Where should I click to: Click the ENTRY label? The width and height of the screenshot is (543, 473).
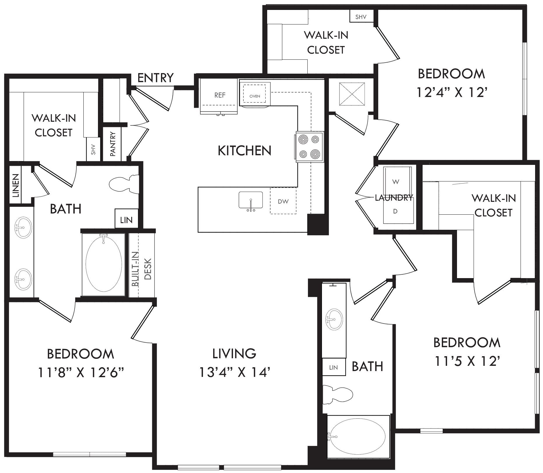155,78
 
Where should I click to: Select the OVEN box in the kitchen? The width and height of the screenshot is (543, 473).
255,93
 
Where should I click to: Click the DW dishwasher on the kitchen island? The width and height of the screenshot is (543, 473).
283,201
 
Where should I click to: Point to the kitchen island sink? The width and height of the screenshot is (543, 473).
251,201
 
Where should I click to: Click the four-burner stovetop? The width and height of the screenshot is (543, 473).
310,147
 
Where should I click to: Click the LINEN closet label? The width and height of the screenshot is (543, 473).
16,185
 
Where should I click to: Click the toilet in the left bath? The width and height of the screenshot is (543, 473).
124,184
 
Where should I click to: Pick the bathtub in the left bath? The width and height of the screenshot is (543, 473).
104,264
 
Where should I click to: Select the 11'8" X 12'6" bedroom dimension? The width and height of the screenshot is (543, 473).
81,372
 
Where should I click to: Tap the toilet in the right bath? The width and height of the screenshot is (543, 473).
338,395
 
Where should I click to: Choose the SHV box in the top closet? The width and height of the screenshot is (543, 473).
361,17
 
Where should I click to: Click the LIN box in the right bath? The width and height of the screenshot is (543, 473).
334,367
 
